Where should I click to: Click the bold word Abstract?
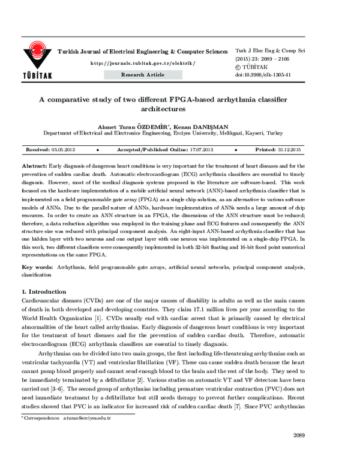(34, 164)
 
